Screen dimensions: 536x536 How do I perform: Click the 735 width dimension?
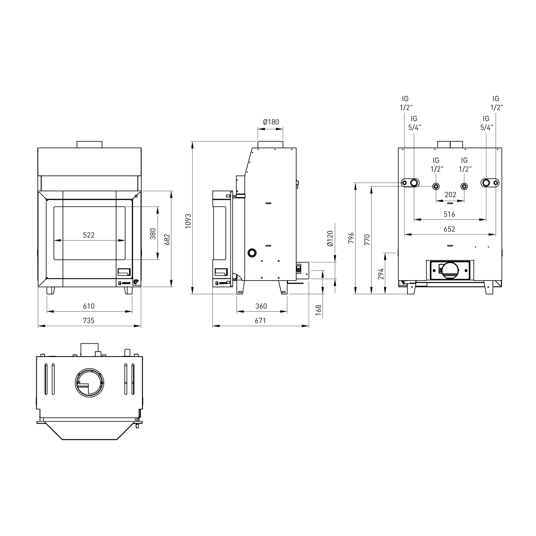pyautogui.click(x=89, y=321)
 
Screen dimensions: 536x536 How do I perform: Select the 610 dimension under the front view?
pyautogui.click(x=89, y=306)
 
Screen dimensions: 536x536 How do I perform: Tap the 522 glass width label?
pyautogui.click(x=89, y=235)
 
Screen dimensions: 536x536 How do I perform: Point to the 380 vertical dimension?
pyautogui.click(x=153, y=234)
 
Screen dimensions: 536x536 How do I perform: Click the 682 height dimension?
pyautogui.click(x=167, y=239)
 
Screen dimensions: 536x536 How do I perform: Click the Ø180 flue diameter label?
pyautogui.click(x=271, y=122)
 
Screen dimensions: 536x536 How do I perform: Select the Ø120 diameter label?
pyautogui.click(x=330, y=238)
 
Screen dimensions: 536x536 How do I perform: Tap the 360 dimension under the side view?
pyautogui.click(x=261, y=306)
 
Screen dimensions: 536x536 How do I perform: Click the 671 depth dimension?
pyautogui.click(x=260, y=321)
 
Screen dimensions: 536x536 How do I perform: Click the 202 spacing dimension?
pyautogui.click(x=450, y=195)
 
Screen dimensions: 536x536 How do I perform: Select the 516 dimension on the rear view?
pyautogui.click(x=449, y=214)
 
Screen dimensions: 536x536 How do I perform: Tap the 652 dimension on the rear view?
pyautogui.click(x=449, y=229)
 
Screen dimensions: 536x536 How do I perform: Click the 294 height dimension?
pyautogui.click(x=381, y=273)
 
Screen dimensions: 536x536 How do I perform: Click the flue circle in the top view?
pyautogui.click(x=90, y=382)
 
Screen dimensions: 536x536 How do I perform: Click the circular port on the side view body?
pyautogui.click(x=252, y=253)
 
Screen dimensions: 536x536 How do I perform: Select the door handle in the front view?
pyautogui.click(x=125, y=272)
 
